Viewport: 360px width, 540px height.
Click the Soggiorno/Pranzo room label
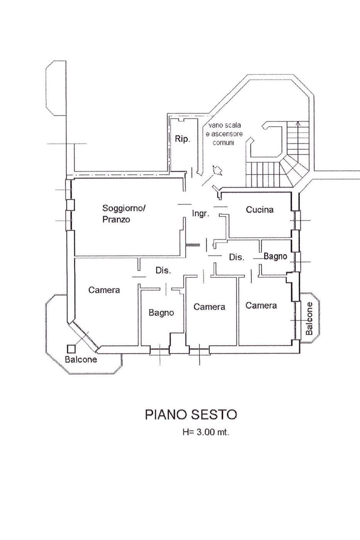pos(123,213)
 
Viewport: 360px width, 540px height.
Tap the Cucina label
pos(260,210)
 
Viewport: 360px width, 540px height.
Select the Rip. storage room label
pos(183,139)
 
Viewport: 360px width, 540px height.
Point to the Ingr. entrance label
pos(201,213)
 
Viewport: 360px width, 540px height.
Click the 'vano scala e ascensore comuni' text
pos(225,134)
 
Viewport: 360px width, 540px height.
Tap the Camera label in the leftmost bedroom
pos(104,290)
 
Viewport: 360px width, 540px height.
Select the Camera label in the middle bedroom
pos(209,307)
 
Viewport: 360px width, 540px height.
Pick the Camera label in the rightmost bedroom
pos(261,306)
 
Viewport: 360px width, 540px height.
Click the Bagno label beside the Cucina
pos(275,256)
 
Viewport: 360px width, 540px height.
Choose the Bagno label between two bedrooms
pos(161,313)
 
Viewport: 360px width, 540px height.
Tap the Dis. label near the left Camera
pos(163,271)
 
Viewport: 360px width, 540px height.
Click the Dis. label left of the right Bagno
pos(237,257)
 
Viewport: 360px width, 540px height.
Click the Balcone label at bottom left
pos(81,359)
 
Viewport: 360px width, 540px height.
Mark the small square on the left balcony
pos(71,348)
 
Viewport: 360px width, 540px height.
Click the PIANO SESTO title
pos(191,415)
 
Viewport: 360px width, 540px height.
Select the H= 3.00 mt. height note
pos(206,432)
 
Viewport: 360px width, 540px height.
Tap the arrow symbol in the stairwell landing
pos(217,170)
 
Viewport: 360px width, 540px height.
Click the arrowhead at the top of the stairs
pos(297,124)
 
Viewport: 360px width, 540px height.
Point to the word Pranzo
pos(116,220)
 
